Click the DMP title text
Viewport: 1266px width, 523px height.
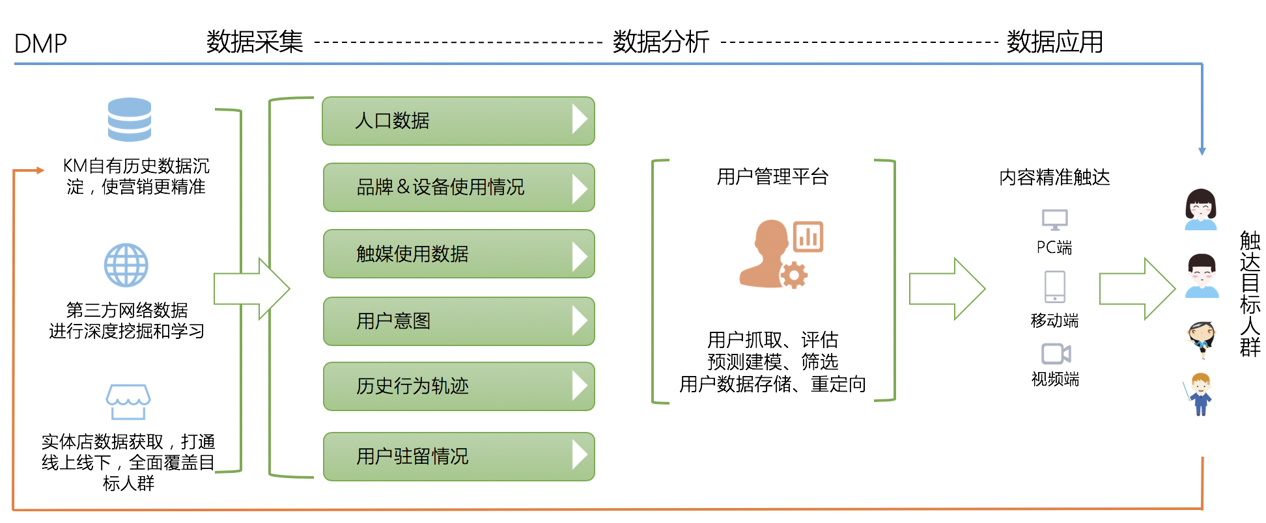(x=40, y=44)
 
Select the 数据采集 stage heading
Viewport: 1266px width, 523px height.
(x=255, y=42)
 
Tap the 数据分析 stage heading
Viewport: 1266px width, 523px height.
(x=660, y=42)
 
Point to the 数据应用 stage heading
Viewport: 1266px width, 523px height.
(x=1054, y=42)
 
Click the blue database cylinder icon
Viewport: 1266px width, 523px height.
(x=130, y=120)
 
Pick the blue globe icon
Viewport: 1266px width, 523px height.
(x=126, y=265)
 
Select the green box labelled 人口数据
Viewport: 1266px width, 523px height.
(x=458, y=121)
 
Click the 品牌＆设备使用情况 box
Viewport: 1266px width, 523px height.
(x=458, y=187)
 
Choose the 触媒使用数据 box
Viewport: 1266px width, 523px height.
(x=458, y=254)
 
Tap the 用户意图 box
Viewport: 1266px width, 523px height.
(x=458, y=321)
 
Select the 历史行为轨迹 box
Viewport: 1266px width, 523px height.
(x=458, y=386)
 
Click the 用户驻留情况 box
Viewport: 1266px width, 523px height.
(x=458, y=457)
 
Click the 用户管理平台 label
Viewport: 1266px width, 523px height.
(x=772, y=177)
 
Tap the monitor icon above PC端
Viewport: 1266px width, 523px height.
(x=1054, y=220)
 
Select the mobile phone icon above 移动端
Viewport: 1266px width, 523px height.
(x=1054, y=287)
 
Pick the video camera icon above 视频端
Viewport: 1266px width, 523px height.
(x=1056, y=354)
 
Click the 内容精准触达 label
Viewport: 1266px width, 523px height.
(x=1054, y=177)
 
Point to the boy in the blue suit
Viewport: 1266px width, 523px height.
(x=1200, y=394)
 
